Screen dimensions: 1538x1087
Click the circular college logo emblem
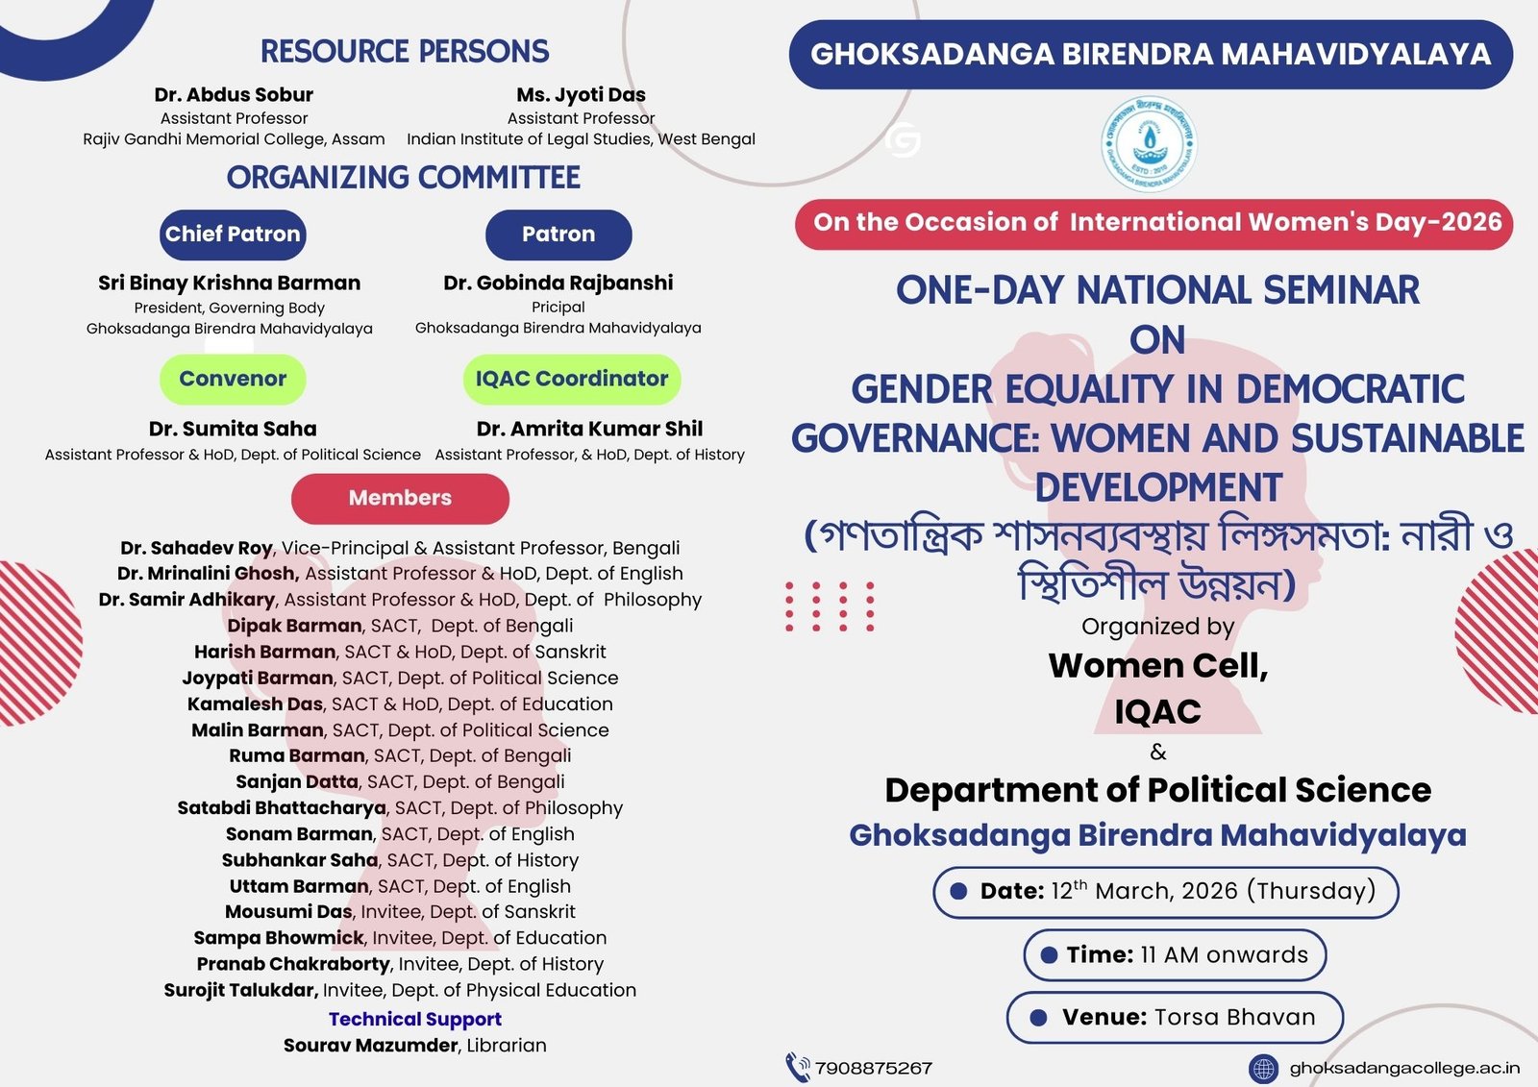pos(1149,143)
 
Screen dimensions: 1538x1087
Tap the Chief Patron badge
pos(233,235)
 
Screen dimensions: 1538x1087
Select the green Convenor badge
pos(233,379)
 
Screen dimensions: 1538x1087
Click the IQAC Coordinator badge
pos(572,379)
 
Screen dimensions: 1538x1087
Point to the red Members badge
pos(400,499)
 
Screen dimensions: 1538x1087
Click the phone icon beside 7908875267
pos(797,1068)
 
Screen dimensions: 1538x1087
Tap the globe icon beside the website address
pos(1263,1069)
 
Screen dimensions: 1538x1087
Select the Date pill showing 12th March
pos(1165,892)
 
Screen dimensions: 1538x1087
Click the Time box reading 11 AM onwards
pos(1174,955)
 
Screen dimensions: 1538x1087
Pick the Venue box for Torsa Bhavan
pos(1174,1018)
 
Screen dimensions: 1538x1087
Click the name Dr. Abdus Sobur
pos(234,95)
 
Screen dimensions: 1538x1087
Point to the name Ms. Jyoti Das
pos(581,95)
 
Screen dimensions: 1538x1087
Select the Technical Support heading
pos(414,1020)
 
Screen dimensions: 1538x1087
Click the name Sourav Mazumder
pos(371,1046)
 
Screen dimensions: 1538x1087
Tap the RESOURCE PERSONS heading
pos(405,52)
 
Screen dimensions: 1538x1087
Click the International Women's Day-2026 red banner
pos(1153,224)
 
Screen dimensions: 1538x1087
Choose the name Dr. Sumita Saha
pos(233,430)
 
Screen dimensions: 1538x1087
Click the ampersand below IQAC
pos(1158,753)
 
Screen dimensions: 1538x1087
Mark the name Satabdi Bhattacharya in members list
pos(282,808)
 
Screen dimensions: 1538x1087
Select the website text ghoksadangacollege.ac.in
pos(1404,1069)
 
